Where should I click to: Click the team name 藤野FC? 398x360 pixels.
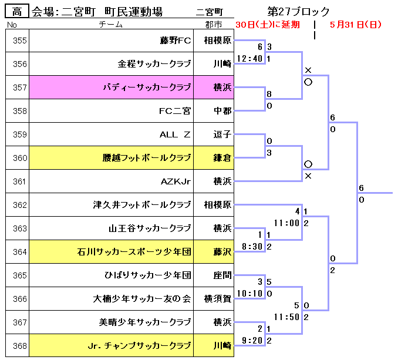click(176, 41)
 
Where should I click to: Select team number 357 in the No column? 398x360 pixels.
click(20, 88)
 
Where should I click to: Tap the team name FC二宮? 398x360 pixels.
click(175, 111)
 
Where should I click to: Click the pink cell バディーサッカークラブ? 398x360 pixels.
click(147, 88)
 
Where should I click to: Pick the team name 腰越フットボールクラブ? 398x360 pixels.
click(147, 158)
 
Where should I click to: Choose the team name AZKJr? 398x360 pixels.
click(176, 181)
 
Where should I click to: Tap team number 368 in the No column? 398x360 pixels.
click(20, 346)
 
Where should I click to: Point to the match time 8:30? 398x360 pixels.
click(251, 247)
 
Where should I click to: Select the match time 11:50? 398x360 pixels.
click(287, 317)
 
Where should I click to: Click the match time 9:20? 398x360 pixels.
click(251, 341)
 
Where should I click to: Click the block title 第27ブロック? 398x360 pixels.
click(298, 11)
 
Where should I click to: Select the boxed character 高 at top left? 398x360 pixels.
click(17, 11)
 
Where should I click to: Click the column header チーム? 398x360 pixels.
click(111, 25)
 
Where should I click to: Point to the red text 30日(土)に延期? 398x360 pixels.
click(267, 25)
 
